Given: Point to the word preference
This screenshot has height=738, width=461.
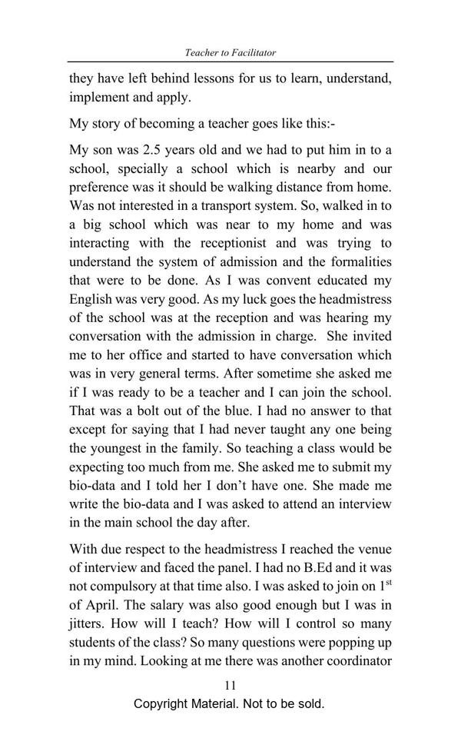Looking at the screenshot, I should (100, 187).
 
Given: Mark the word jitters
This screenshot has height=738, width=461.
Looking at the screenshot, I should (88, 624).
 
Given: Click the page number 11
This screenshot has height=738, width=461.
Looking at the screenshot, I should (230, 686).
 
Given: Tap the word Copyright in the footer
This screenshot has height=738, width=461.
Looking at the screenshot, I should (164, 704).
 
